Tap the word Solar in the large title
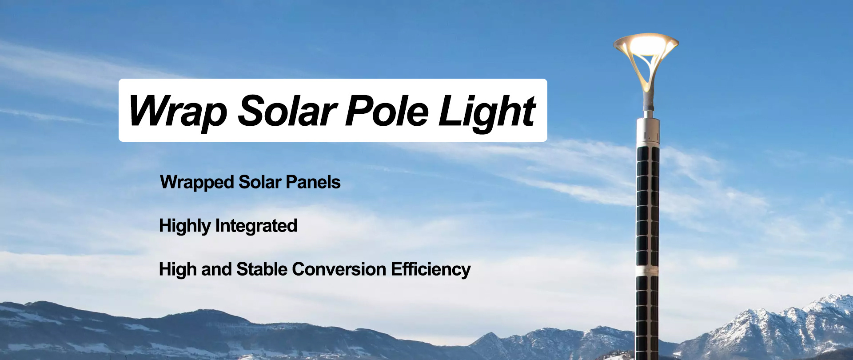pyautogui.click(x=287, y=111)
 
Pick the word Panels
pyautogui.click(x=313, y=182)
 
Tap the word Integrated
pyautogui.click(x=256, y=226)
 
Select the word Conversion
pyautogui.click(x=339, y=269)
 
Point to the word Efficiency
pyautogui.click(x=430, y=270)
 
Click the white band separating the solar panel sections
pyautogui.click(x=647, y=271)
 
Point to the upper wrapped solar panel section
pyautogui.click(x=648, y=207)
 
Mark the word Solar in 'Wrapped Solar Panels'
pyautogui.click(x=260, y=182)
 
